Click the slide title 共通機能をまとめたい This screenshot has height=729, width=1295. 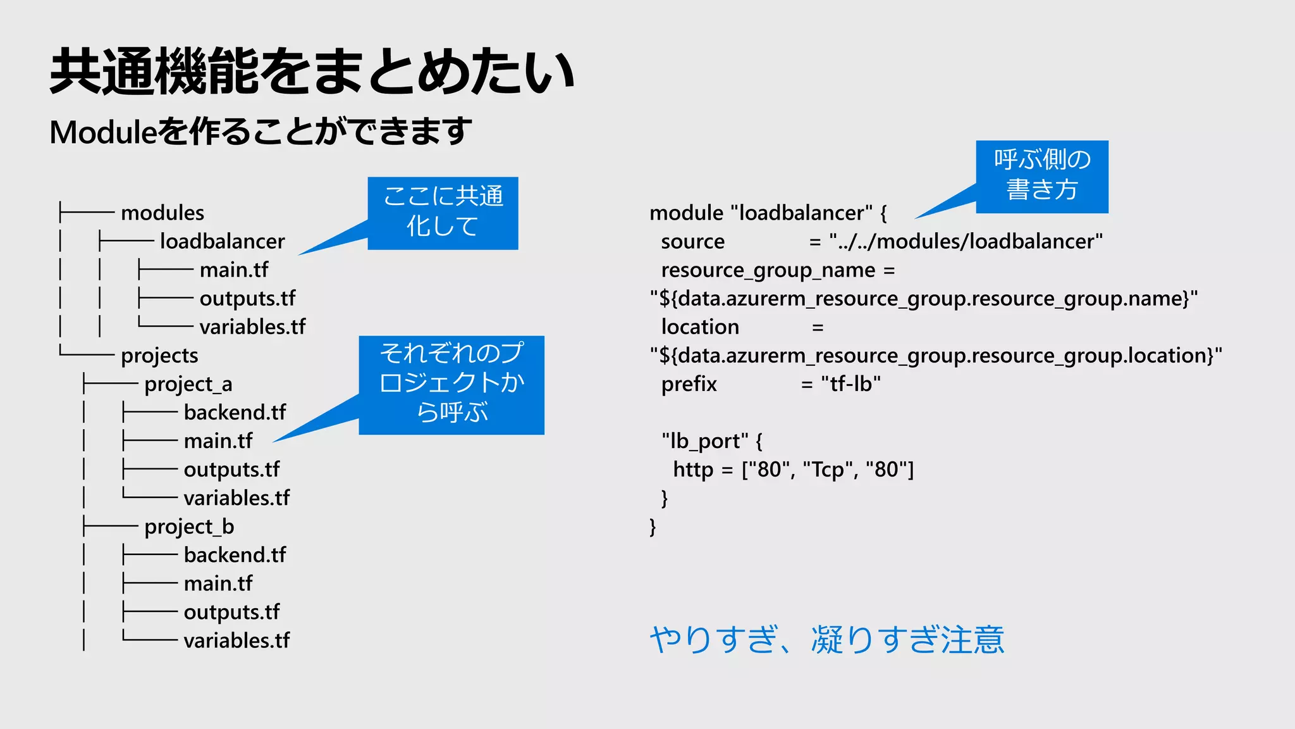point(312,72)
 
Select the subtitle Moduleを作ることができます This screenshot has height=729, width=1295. point(261,132)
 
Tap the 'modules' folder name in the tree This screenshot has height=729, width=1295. point(163,213)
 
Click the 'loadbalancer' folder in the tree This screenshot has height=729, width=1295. point(222,242)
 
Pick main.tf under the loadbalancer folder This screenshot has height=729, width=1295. point(234,270)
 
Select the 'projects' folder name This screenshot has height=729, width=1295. point(159,356)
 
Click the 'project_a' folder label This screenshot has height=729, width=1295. point(188,384)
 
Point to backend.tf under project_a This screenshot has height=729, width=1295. point(235,413)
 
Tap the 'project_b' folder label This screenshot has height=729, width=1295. point(189,526)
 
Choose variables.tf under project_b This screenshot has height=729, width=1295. point(236,640)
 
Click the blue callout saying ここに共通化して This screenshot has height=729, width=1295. point(443,213)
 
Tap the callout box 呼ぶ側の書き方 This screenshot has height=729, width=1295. point(1041,176)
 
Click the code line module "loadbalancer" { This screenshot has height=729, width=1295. point(768,213)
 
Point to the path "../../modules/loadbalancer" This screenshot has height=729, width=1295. point(966,242)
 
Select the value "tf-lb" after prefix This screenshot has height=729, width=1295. point(850,384)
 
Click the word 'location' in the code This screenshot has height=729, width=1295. point(700,327)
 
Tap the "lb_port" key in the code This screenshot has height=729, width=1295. point(704,441)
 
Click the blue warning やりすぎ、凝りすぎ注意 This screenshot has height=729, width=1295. point(826,639)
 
